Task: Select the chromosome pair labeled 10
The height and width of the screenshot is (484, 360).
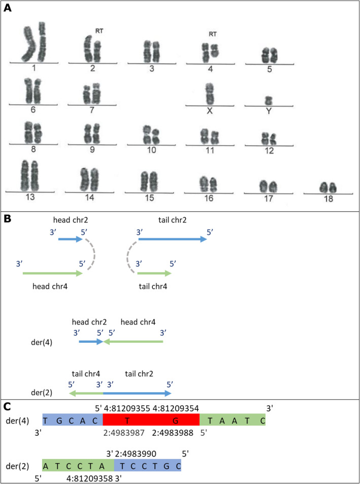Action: tap(151, 134)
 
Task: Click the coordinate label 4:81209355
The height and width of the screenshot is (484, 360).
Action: tap(130, 407)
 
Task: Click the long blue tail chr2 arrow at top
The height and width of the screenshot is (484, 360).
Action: tap(172, 239)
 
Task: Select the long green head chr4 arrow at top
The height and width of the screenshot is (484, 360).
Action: tap(53, 273)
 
